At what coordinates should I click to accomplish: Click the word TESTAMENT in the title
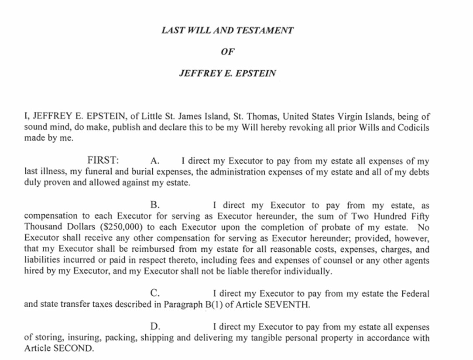point(266,31)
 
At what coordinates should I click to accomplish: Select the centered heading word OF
point(227,51)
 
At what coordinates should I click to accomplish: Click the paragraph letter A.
point(154,161)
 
